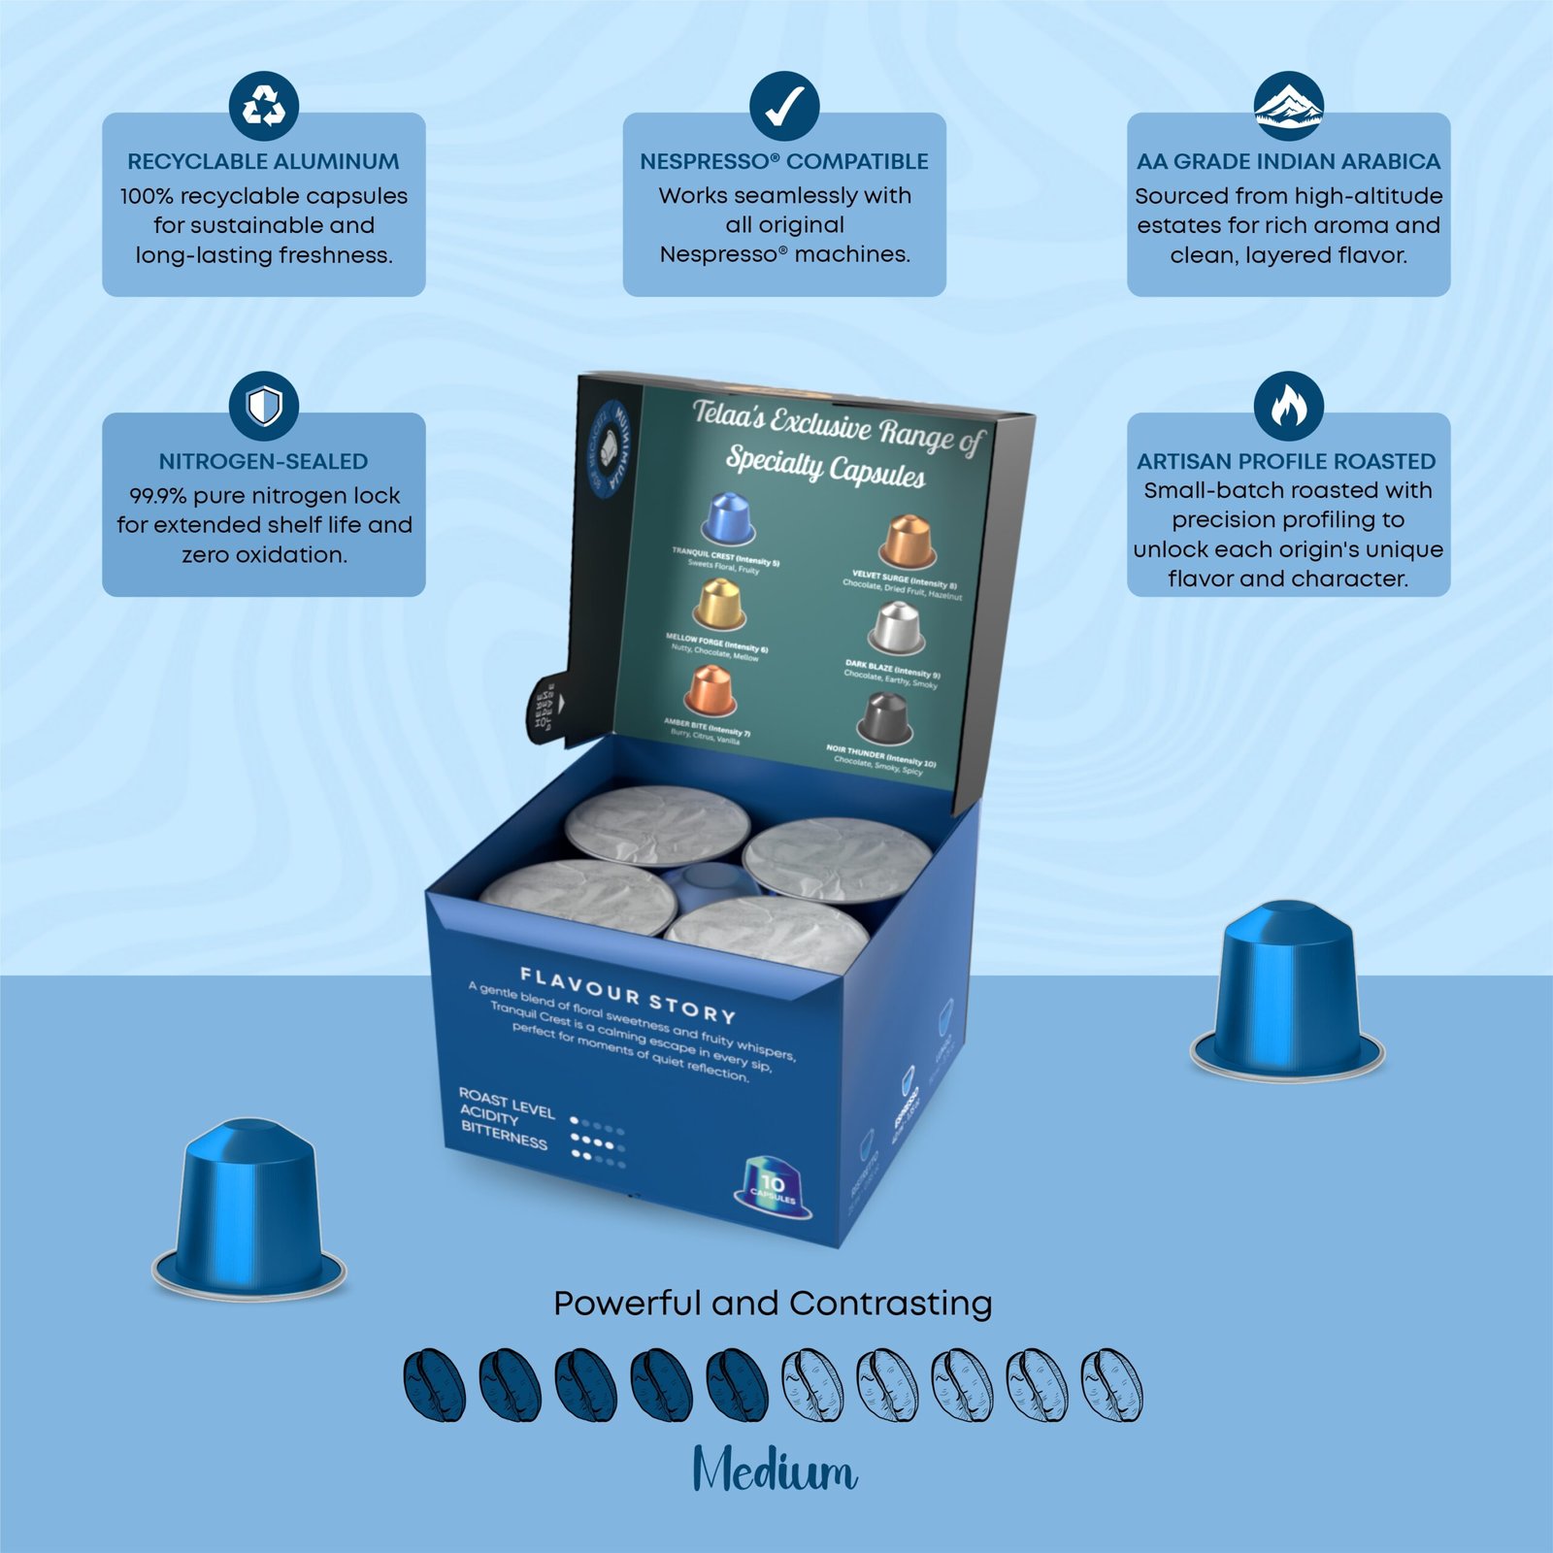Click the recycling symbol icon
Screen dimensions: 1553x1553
263,106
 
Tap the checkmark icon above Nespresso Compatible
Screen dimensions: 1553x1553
783,106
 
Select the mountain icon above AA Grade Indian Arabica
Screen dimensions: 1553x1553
1288,106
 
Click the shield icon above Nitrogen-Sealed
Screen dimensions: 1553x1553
263,406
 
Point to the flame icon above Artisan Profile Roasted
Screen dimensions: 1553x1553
1288,406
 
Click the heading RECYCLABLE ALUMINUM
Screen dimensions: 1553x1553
263,161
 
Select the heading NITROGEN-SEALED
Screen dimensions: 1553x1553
263,461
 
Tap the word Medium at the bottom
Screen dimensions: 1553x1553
775,1470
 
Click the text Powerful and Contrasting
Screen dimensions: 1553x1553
773,1303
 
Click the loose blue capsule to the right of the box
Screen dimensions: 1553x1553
1287,990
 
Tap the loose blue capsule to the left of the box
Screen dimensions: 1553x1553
249,1208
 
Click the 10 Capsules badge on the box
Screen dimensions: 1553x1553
773,1186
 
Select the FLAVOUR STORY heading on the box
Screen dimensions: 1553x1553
628,995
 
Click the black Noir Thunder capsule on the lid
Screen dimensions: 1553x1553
884,717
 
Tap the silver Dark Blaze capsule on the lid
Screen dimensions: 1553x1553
896,628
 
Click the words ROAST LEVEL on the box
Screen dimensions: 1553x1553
506,1105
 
